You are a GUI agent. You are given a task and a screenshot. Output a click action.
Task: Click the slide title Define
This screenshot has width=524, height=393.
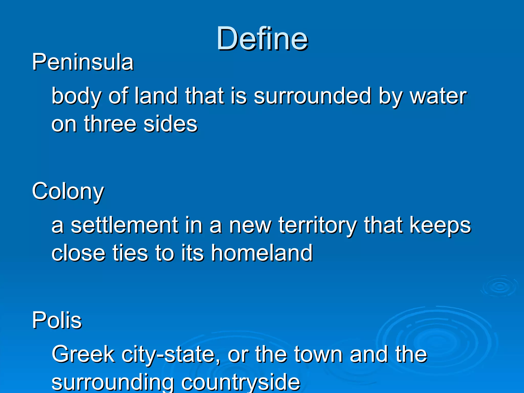click(262, 39)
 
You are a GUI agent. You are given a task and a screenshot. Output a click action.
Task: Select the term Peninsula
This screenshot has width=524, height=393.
click(83, 62)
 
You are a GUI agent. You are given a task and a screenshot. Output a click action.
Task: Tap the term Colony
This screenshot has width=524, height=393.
click(68, 192)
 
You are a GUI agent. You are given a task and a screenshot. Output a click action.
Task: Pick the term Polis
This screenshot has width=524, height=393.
click(57, 320)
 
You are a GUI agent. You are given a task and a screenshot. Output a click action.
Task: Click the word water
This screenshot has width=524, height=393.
click(439, 97)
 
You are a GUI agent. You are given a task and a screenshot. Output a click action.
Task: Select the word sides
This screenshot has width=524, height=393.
click(170, 124)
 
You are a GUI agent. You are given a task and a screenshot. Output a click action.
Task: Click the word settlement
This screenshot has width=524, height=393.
click(124, 225)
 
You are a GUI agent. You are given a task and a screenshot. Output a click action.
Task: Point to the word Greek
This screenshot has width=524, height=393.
click(83, 354)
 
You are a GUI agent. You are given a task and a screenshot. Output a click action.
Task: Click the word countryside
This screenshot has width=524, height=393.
click(241, 383)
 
